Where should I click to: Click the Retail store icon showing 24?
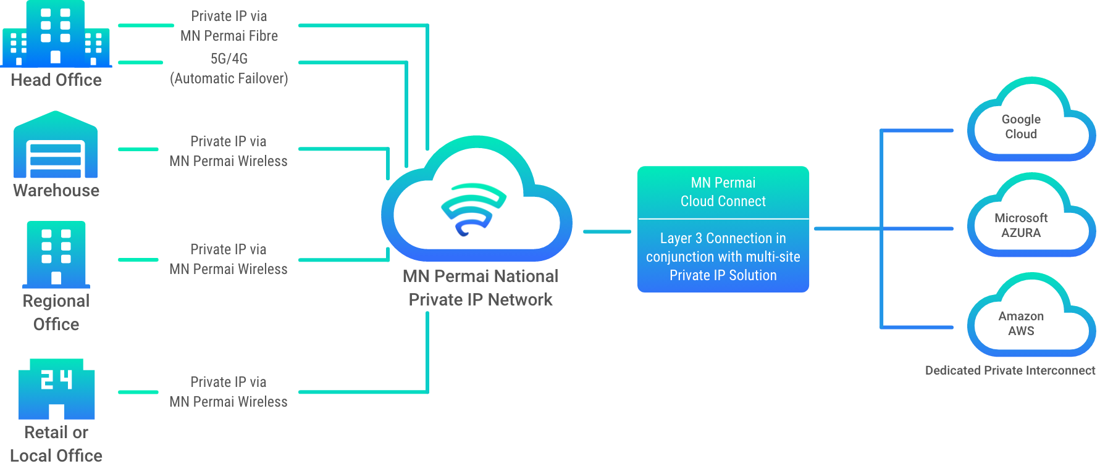coord(56,389)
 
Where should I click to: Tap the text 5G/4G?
coord(229,59)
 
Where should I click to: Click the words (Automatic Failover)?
coord(229,78)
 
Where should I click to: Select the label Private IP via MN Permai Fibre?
coord(229,26)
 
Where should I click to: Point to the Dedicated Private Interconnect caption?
coord(1010,370)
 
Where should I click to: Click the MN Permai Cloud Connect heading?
coord(723,192)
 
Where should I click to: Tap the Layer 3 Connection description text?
coord(723,257)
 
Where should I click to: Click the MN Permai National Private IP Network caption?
coord(481,288)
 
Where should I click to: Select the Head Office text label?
coord(56,80)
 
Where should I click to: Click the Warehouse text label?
coord(56,190)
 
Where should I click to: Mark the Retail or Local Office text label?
coord(56,444)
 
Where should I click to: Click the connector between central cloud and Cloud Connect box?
coord(607,232)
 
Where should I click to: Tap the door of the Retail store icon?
coord(57,412)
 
